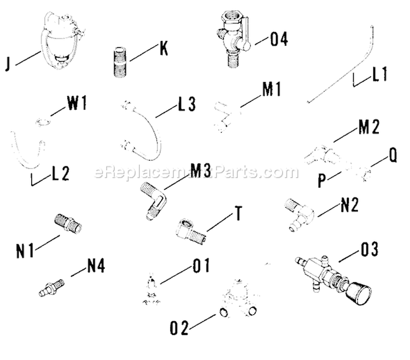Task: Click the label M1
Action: [271, 89]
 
